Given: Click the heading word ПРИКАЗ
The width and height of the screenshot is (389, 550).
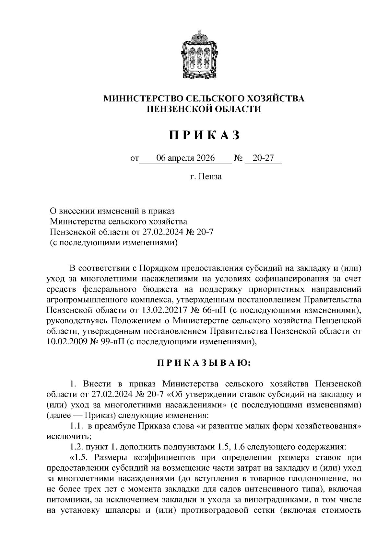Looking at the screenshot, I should point(204,135).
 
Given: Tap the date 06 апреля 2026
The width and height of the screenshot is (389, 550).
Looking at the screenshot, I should point(185,158).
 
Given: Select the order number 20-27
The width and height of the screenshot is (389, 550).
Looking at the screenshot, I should point(263,158).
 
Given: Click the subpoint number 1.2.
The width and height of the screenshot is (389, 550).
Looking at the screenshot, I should point(76,447).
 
